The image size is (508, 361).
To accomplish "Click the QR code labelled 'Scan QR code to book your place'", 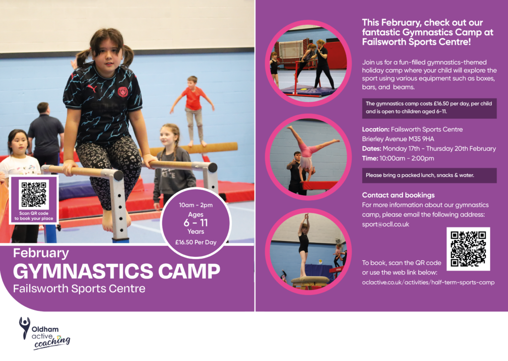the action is pyautogui.click(x=34, y=194).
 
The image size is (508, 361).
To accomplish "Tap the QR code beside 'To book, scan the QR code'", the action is pyautogui.click(x=468, y=249).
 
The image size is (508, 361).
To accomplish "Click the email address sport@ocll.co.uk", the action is pyautogui.click(x=385, y=224).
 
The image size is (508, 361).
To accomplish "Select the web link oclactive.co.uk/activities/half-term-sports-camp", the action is pyautogui.click(x=428, y=282).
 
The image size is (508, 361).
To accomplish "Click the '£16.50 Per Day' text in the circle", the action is pyautogui.click(x=195, y=242).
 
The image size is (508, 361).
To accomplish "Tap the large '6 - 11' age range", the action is pyautogui.click(x=195, y=223).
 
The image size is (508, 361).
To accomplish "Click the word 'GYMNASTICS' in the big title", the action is pyautogui.click(x=83, y=271).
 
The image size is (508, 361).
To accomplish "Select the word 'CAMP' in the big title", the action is pyautogui.click(x=189, y=271).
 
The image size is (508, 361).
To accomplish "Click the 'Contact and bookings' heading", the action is pyautogui.click(x=398, y=195).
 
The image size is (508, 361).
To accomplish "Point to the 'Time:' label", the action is pyautogui.click(x=370, y=158).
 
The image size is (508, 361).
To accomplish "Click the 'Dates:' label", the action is pyautogui.click(x=372, y=148).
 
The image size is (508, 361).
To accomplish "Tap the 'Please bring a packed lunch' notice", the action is pyautogui.click(x=420, y=175).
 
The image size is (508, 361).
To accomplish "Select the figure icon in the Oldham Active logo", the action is pyautogui.click(x=25, y=328).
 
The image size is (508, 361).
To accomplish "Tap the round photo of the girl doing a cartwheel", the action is pyautogui.click(x=308, y=157).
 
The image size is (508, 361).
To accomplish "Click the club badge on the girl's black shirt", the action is pyautogui.click(x=123, y=92).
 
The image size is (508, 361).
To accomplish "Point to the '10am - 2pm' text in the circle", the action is pyautogui.click(x=195, y=205).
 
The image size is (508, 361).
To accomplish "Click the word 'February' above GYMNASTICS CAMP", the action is pyautogui.click(x=41, y=253).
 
